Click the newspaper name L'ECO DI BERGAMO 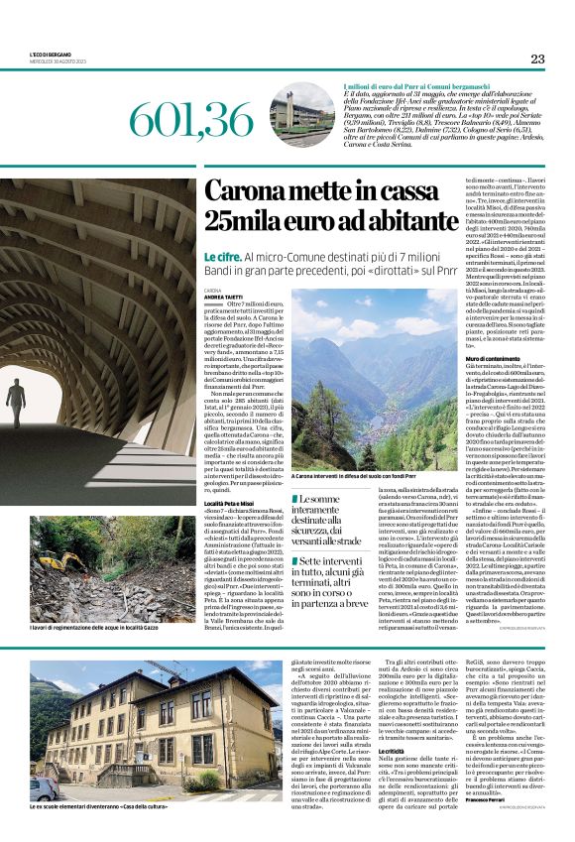pos(51,54)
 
